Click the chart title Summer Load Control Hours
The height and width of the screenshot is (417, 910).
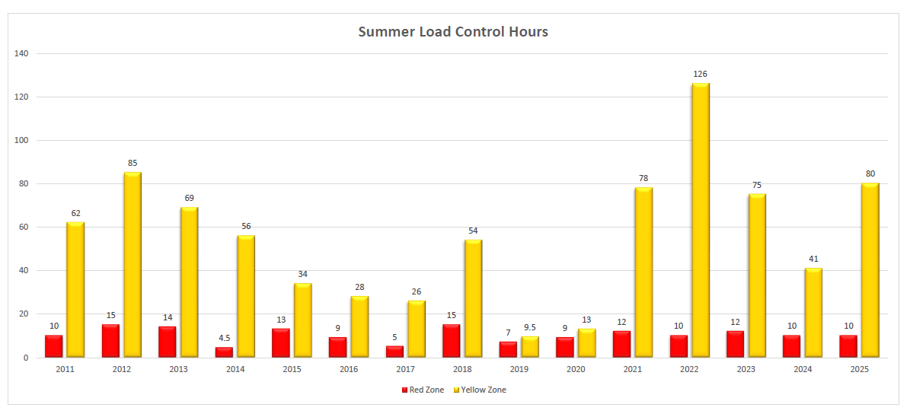453,32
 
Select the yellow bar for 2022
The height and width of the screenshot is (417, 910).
701,221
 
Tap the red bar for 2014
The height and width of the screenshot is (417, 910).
225,352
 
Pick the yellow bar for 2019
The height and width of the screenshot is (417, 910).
530,347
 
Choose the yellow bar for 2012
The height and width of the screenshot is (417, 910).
133,265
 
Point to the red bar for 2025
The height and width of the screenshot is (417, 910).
848,346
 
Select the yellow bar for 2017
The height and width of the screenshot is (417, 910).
417,329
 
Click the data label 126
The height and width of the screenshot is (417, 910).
701,74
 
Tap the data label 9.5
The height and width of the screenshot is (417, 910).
530,327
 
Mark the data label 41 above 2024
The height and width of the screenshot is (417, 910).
814,259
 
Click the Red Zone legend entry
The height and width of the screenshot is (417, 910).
423,390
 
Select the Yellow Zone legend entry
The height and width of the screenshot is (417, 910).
479,390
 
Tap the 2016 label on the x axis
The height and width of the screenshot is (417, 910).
348,369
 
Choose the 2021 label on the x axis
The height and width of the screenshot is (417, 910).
632,369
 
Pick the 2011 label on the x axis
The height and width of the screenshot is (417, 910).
65,369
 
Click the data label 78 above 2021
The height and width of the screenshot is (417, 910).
643,178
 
